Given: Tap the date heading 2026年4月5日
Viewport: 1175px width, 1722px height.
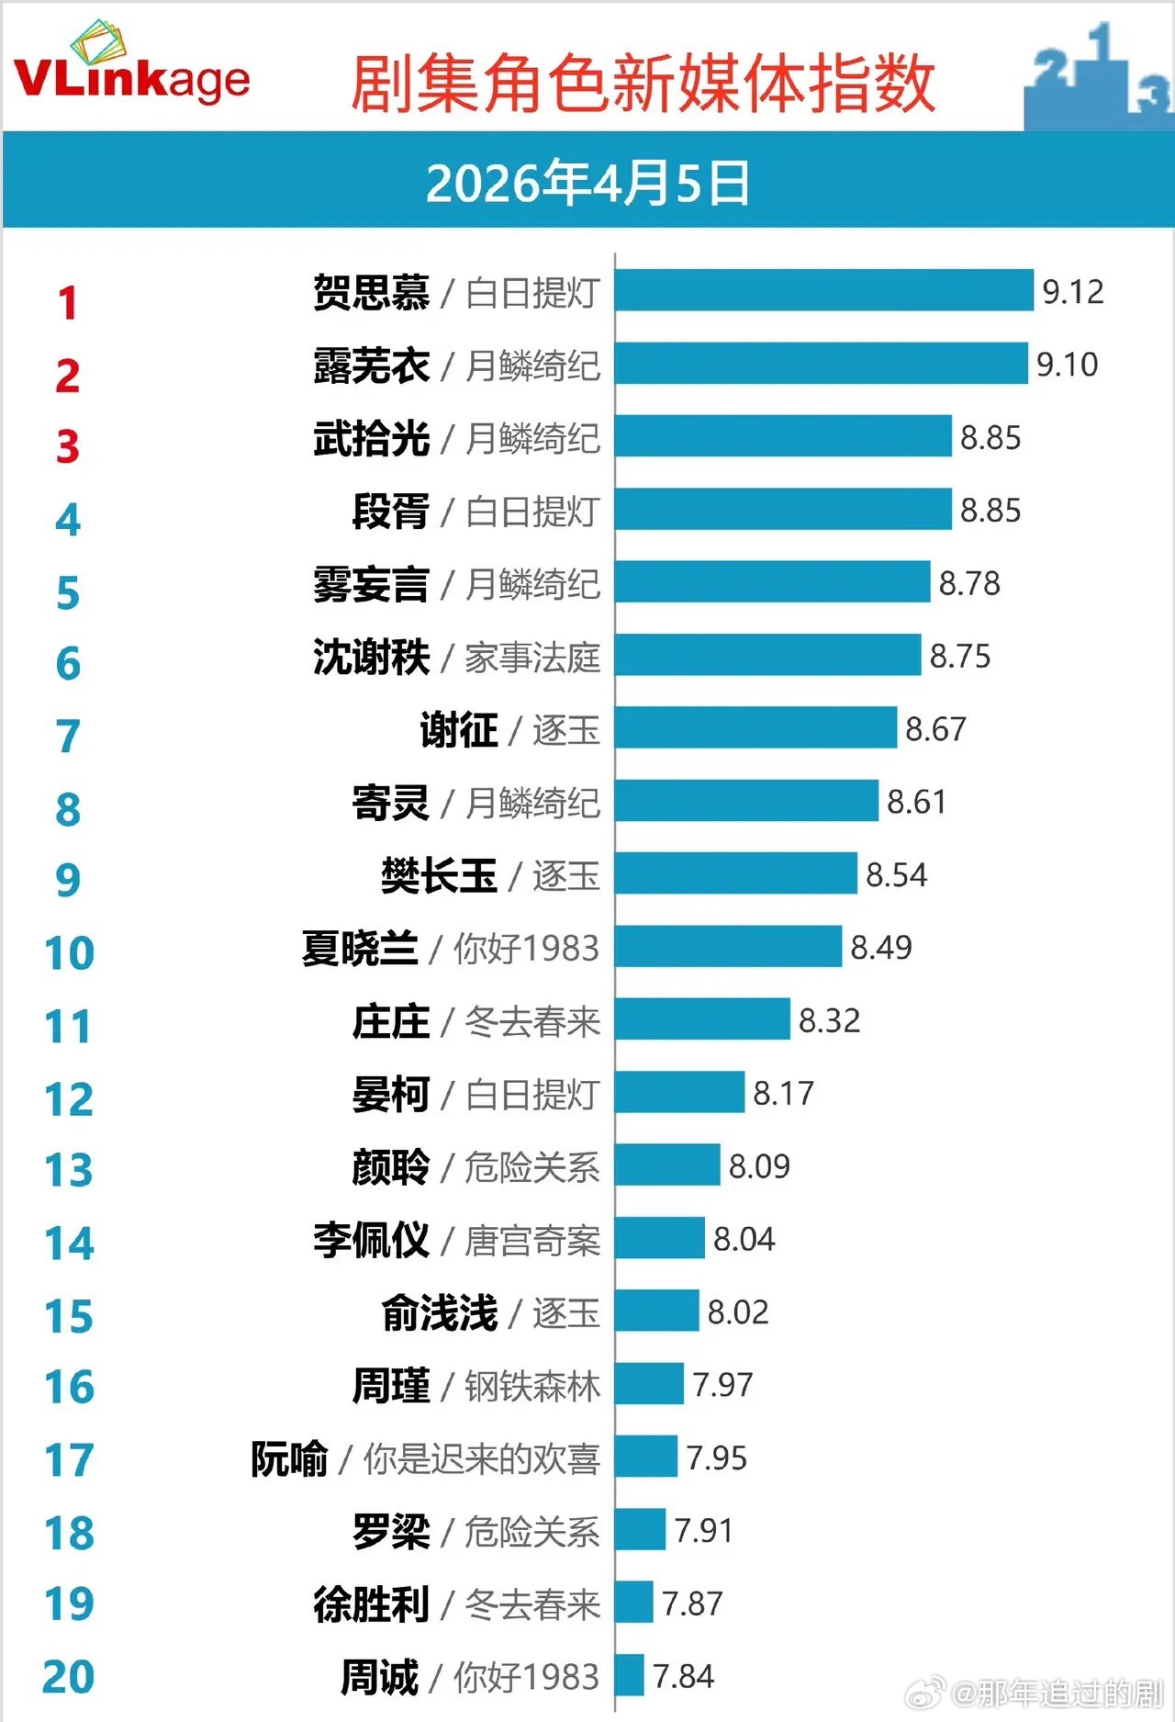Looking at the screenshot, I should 587,183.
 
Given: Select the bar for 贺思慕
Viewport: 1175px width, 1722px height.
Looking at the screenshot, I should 823,290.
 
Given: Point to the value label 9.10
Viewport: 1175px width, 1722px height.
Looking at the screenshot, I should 1067,365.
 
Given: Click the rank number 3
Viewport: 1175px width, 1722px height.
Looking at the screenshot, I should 68,447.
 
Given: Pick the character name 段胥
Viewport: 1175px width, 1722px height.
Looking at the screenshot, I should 391,511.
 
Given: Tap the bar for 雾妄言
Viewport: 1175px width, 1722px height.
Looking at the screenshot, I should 772,582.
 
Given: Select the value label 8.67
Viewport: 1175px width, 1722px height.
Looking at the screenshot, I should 935,729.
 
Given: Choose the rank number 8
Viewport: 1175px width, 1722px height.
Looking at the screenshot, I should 68,810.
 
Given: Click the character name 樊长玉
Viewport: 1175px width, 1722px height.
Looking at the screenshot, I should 439,875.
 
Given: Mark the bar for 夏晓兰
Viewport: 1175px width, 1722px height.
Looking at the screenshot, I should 728,947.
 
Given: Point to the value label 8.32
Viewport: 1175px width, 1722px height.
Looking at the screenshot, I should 829,1020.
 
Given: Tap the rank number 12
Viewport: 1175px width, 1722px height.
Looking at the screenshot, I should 69,1099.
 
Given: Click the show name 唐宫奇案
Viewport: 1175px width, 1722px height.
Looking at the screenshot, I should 532,1241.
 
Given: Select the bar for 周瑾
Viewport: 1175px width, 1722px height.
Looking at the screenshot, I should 649,1384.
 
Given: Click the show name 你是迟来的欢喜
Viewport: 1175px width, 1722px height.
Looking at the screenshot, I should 482,1458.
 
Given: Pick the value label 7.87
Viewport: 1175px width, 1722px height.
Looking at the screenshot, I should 692,1604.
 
